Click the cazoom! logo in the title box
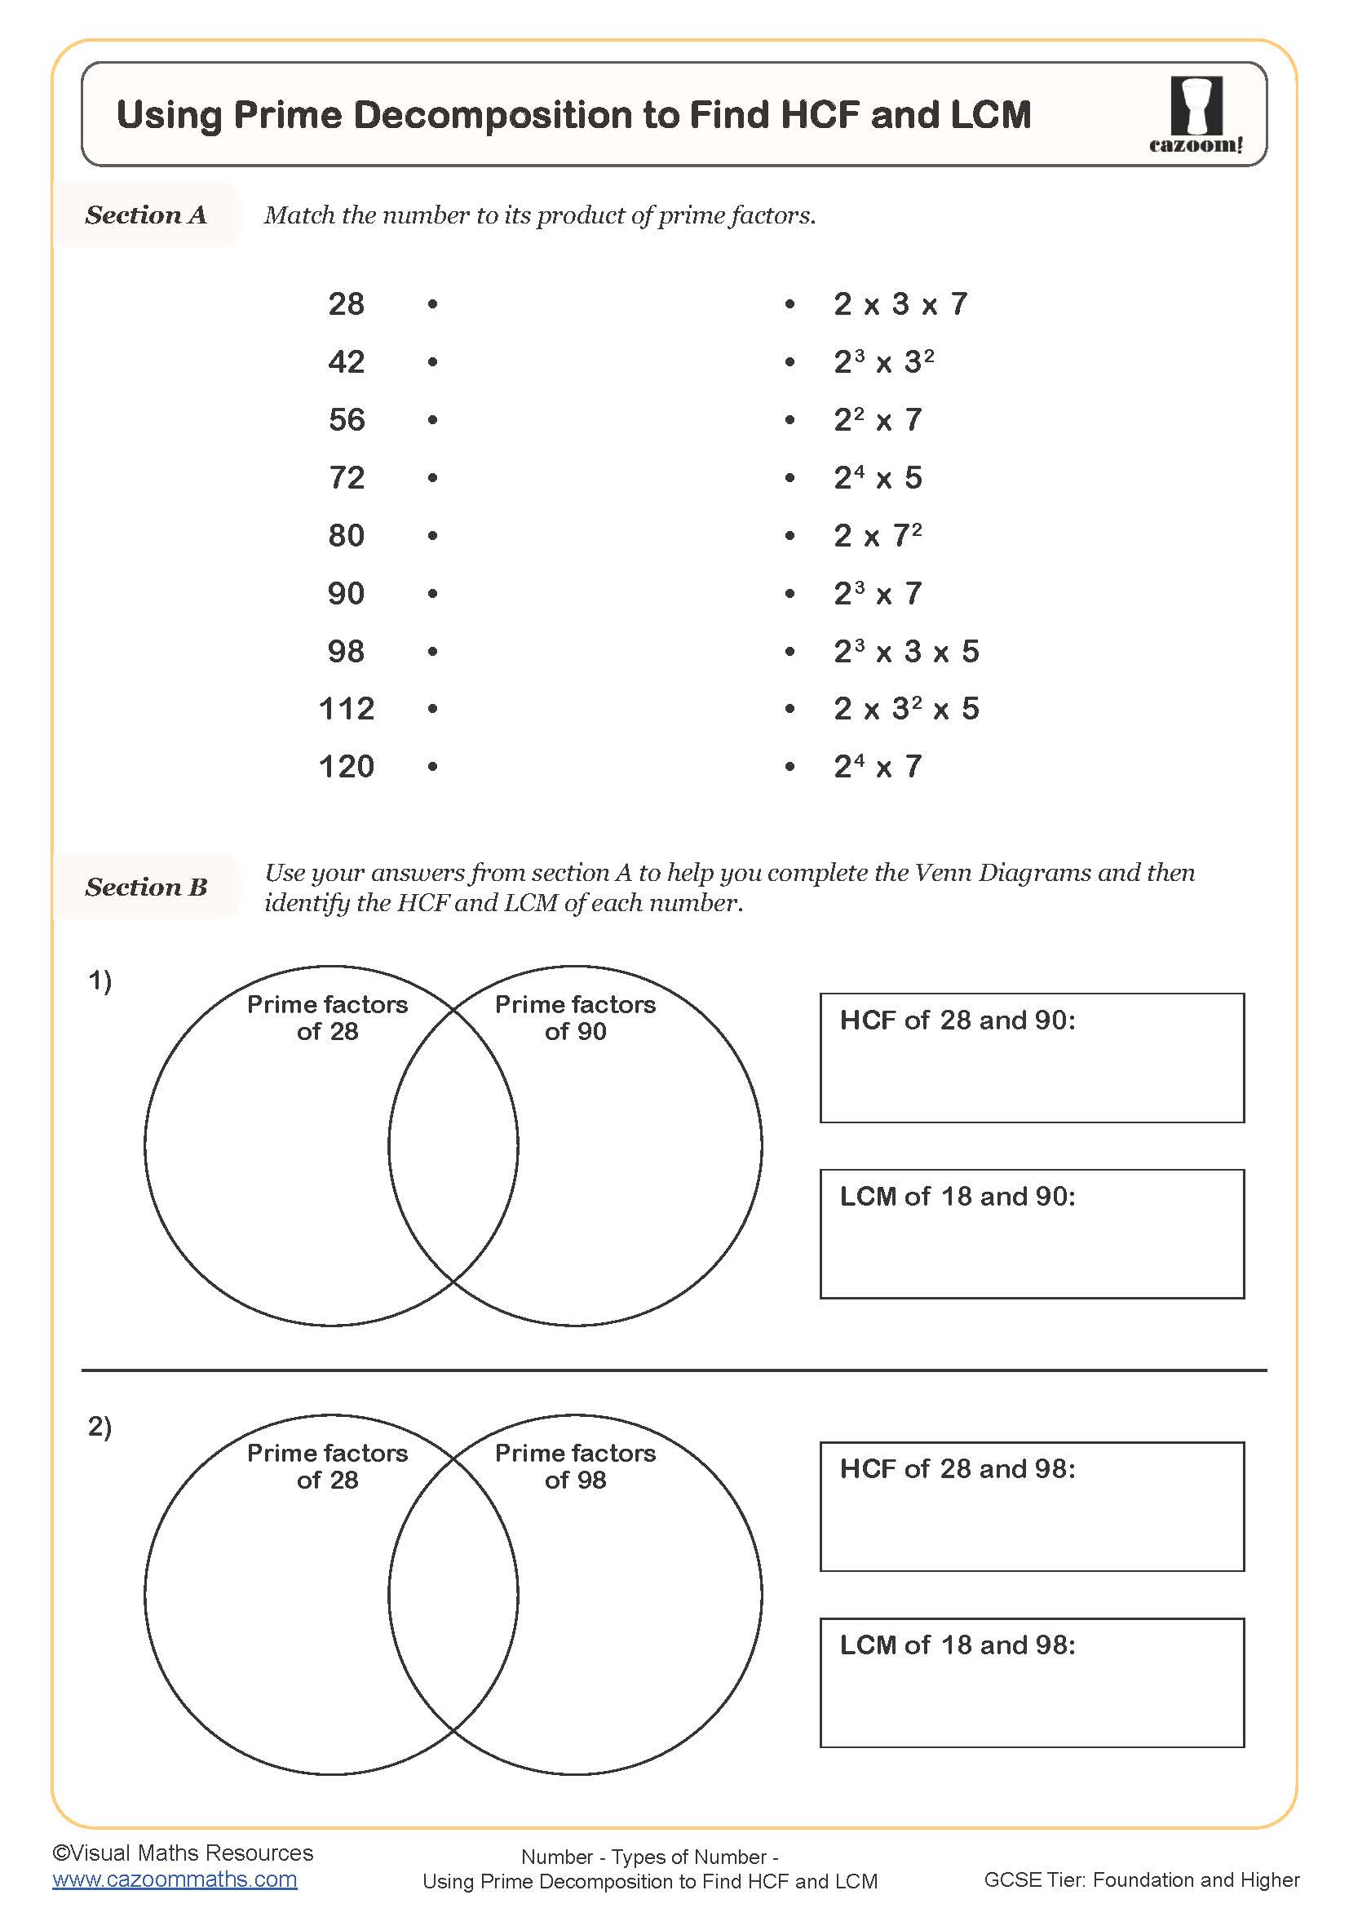tap(1196, 115)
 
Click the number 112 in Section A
tap(347, 709)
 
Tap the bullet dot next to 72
tap(432, 478)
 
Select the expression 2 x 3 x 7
tap(900, 304)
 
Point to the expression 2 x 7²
tap(878, 535)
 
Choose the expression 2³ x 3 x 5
tap(906, 652)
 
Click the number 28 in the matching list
tap(347, 304)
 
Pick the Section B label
tap(146, 887)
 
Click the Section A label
tap(146, 215)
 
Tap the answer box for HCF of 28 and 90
tap(1032, 1058)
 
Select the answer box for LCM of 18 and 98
tap(1032, 1683)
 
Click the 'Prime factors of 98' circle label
tap(575, 1467)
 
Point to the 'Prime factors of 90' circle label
tap(575, 1018)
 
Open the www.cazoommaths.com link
tap(175, 1879)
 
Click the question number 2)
tap(100, 1426)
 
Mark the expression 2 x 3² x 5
tap(906, 709)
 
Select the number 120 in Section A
tap(347, 766)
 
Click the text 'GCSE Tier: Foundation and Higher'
tap(1141, 1879)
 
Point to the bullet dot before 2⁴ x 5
tap(790, 478)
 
